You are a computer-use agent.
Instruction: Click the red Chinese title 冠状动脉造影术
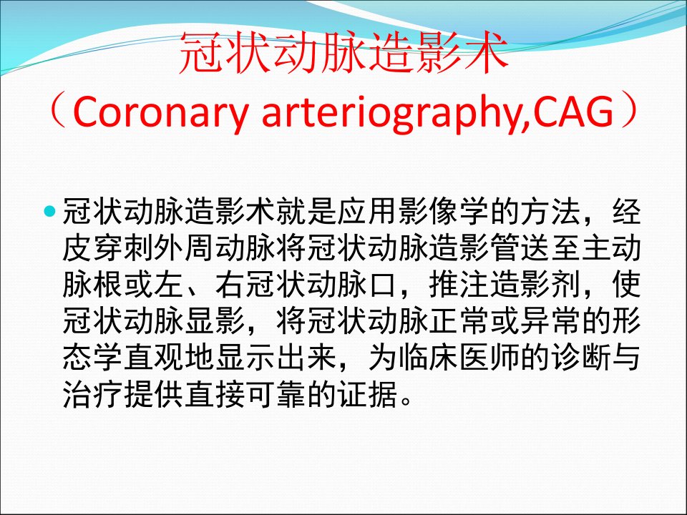(343, 52)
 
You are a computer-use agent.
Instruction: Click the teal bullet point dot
(51, 211)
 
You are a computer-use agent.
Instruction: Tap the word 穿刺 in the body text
(124, 248)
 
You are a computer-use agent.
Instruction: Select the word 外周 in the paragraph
(185, 248)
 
